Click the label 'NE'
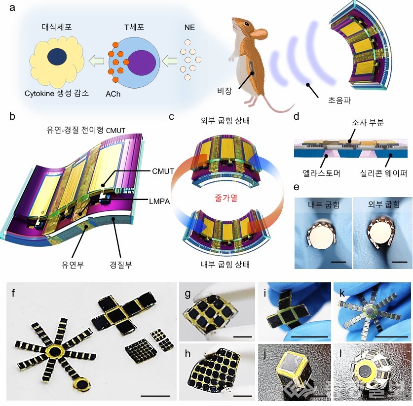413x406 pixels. pos(189,28)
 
